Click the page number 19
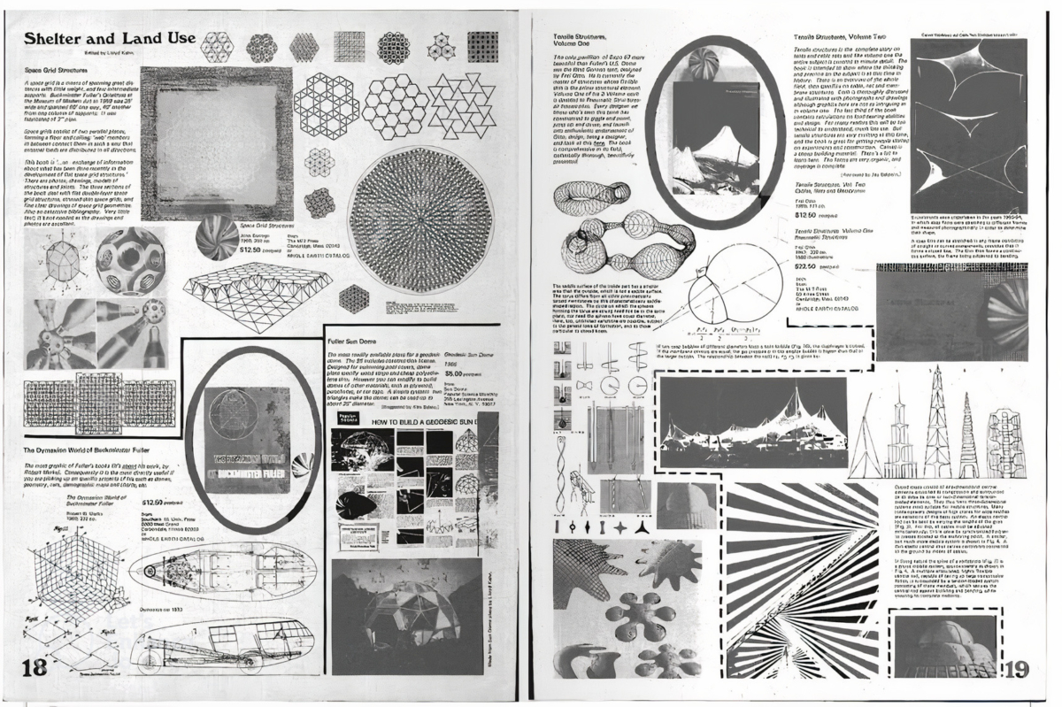click(x=1017, y=669)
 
